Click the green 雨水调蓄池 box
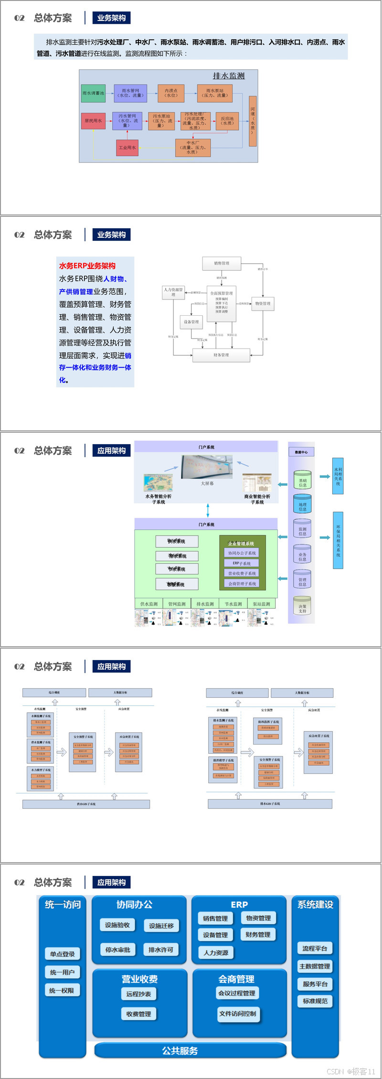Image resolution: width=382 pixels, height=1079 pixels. (x=93, y=93)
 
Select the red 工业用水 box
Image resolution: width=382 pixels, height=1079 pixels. (x=127, y=148)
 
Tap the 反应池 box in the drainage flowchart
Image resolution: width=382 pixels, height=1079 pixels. (x=227, y=121)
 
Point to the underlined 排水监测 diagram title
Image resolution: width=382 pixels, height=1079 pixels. (x=229, y=76)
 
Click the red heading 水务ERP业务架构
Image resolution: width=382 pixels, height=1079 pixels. (x=87, y=266)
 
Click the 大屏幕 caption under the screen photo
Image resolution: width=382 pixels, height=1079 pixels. (x=207, y=483)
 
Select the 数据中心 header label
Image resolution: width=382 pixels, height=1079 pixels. (x=301, y=452)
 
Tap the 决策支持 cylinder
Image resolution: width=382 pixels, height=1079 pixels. (x=302, y=606)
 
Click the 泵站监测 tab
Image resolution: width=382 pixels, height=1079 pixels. (x=262, y=604)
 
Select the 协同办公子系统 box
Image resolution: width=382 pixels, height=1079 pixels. (x=242, y=553)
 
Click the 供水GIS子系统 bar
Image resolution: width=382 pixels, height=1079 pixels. (x=86, y=804)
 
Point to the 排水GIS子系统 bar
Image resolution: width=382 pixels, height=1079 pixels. (x=270, y=804)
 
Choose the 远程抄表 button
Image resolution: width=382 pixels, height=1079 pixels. (x=138, y=994)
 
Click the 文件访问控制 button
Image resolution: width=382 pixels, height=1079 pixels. (x=238, y=1014)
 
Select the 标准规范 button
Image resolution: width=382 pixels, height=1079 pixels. (x=315, y=1001)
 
